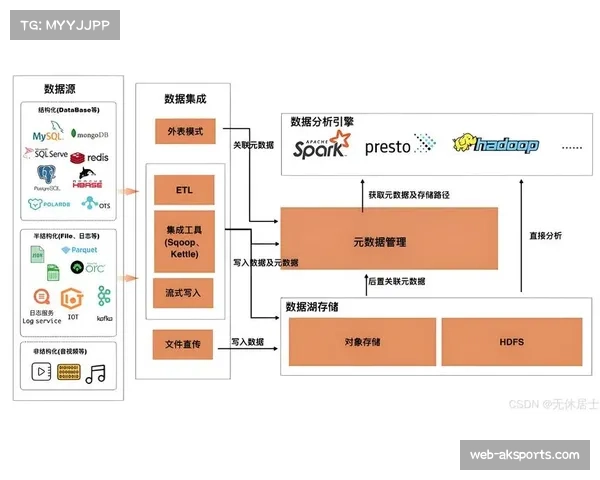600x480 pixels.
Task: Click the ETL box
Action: click(184, 190)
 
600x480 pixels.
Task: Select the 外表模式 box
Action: click(184, 131)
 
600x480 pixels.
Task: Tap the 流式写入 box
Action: click(184, 293)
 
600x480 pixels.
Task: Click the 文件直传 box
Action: click(184, 344)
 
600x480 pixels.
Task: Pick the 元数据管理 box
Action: click(389, 240)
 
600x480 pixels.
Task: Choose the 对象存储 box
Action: click(362, 342)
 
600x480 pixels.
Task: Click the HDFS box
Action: click(511, 342)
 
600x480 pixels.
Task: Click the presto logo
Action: click(399, 146)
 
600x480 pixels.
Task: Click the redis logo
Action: click(93, 157)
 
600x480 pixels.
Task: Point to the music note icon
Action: click(96, 373)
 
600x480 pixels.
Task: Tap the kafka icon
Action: click(104, 300)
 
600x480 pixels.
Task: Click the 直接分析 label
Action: click(545, 235)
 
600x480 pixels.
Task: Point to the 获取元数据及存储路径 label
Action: click(408, 195)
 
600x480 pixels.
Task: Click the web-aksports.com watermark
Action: click(524, 455)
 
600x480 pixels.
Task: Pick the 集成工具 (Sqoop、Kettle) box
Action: click(184, 241)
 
